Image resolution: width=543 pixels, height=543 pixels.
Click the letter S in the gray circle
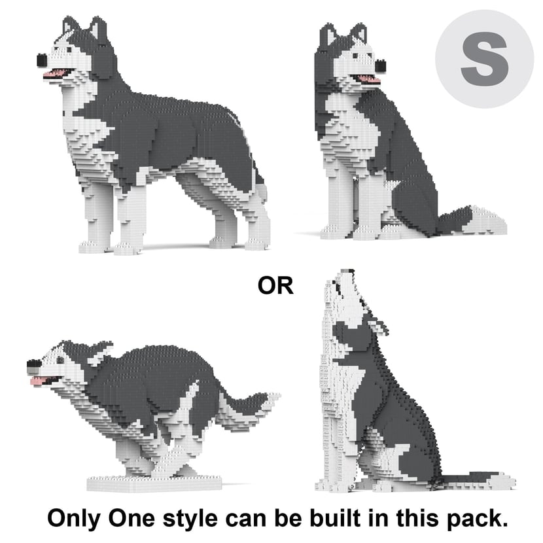[485, 59]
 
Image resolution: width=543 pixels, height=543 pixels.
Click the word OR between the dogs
[275, 286]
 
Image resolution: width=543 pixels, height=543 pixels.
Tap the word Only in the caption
[73, 518]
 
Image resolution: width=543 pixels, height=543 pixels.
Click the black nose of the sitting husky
[380, 66]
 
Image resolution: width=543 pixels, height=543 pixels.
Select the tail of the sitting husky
[471, 220]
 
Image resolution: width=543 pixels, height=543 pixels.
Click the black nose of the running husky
[33, 365]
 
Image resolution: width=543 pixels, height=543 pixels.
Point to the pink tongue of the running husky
[37, 381]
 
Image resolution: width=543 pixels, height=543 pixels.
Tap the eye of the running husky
[60, 360]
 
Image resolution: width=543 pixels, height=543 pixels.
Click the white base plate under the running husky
[154, 483]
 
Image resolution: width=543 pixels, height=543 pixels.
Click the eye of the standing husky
[69, 50]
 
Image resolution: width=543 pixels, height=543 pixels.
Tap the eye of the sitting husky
[355, 56]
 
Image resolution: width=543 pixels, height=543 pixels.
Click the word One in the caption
[131, 517]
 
